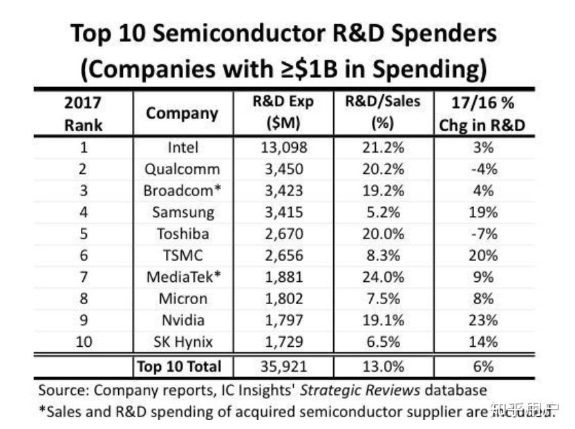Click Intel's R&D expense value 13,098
(283, 147)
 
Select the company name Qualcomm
(183, 169)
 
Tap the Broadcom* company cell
(183, 190)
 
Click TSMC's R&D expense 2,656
(283, 255)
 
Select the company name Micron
(183, 298)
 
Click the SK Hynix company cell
(183, 341)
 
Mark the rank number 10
(84, 341)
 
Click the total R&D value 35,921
(283, 365)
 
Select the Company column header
(183, 113)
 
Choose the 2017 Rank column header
(84, 113)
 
